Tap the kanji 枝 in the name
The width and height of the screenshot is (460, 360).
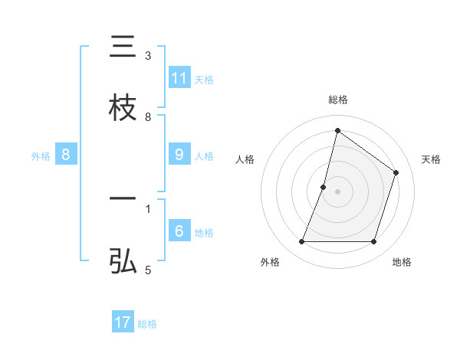click(x=123, y=108)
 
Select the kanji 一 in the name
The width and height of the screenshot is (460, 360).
click(x=123, y=200)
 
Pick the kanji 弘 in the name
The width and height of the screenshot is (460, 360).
click(x=123, y=261)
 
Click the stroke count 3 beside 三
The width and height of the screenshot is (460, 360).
click(x=148, y=56)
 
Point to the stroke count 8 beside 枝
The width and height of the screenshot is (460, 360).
click(x=148, y=117)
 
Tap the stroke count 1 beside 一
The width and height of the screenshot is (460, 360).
click(x=148, y=208)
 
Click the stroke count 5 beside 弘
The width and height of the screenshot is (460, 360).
click(x=148, y=270)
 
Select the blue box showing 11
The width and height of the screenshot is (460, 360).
click(x=179, y=78)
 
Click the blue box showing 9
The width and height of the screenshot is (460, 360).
click(x=179, y=154)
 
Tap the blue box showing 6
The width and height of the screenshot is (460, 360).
click(x=179, y=231)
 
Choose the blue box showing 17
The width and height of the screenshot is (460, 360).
click(x=123, y=322)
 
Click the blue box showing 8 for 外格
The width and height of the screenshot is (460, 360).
click(x=66, y=154)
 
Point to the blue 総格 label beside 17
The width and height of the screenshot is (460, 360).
click(x=147, y=324)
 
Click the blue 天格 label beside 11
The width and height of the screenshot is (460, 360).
click(x=204, y=79)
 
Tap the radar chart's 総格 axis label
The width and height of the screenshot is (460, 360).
click(x=338, y=100)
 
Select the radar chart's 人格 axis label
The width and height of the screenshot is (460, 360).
click(x=245, y=159)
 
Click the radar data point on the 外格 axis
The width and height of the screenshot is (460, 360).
click(x=301, y=242)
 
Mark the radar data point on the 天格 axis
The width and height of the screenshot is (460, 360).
click(x=396, y=172)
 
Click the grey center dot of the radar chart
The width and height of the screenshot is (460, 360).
click(x=338, y=191)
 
